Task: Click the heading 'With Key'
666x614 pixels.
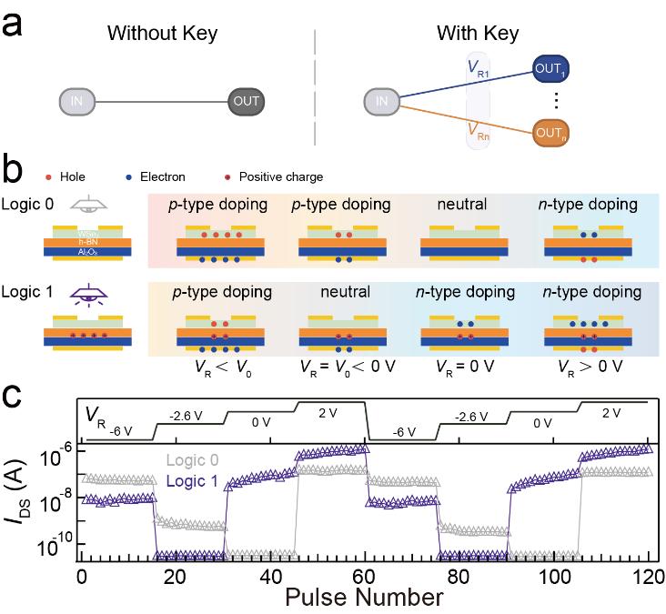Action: [478, 35]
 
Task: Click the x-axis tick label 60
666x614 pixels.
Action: [365, 576]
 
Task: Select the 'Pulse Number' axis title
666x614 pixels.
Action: [364, 598]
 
